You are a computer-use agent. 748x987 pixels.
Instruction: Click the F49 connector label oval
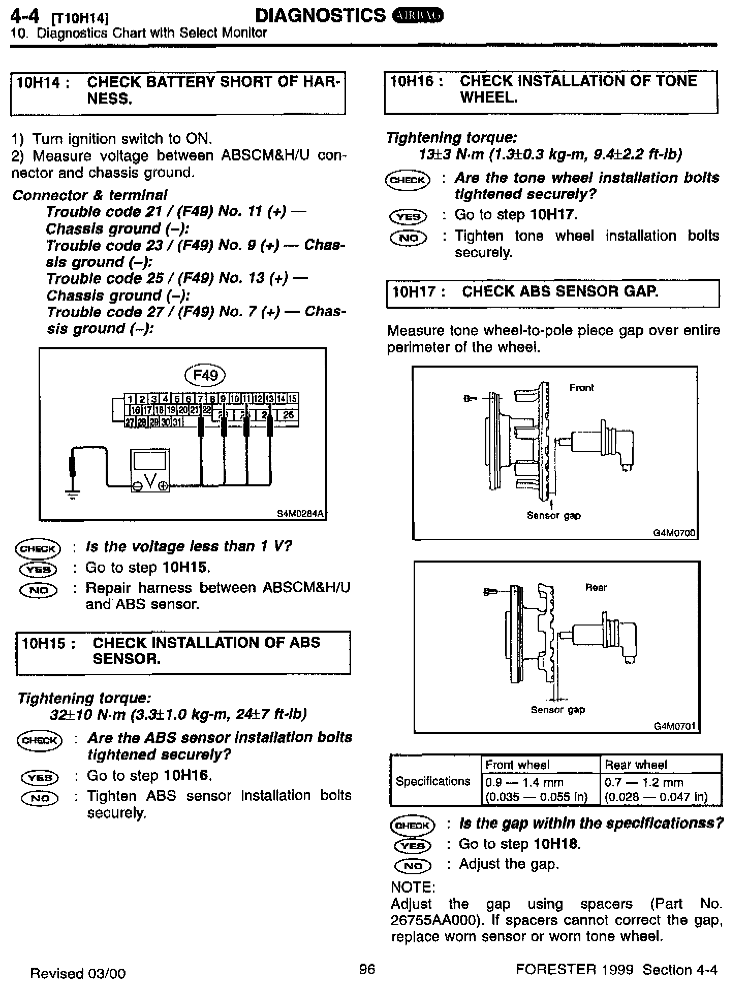(205, 375)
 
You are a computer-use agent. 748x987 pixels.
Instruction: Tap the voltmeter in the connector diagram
(150, 470)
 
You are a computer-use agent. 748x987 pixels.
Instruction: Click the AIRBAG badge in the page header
(418, 16)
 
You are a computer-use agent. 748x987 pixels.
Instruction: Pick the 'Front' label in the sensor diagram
(581, 388)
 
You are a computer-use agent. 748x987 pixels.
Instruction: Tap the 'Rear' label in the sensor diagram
(596, 587)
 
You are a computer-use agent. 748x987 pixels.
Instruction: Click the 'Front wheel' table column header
(517, 765)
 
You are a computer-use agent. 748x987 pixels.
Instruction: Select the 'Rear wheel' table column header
(636, 765)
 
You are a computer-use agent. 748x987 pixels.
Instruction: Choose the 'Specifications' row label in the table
(433, 781)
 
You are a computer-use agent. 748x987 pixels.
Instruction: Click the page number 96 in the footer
(367, 969)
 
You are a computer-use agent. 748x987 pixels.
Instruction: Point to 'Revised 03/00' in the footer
(78, 973)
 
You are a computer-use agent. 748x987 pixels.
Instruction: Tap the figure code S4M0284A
(300, 513)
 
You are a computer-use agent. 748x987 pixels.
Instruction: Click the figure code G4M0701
(674, 727)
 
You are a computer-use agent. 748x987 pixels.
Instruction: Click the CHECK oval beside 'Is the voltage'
(38, 549)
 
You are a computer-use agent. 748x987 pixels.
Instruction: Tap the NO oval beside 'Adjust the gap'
(413, 866)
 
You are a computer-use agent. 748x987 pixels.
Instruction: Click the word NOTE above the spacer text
(413, 887)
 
